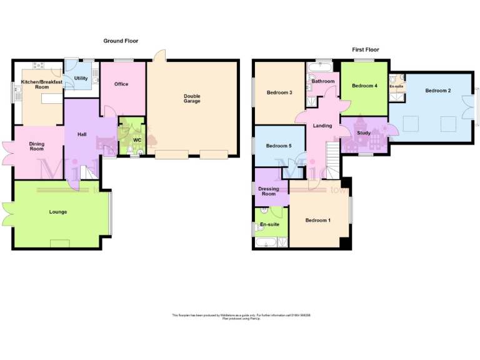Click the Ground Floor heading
click(121, 41)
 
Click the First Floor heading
click(365, 49)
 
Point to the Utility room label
click(81, 78)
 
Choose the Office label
click(121, 84)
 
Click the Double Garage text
click(192, 98)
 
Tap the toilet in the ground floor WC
click(129, 149)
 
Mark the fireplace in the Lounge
click(60, 243)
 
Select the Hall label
click(82, 134)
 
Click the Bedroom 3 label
click(279, 92)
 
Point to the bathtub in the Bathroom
click(324, 67)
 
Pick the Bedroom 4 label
click(364, 86)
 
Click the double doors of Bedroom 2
click(468, 107)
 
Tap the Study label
click(363, 132)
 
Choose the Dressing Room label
click(269, 191)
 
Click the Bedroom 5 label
click(278, 146)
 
